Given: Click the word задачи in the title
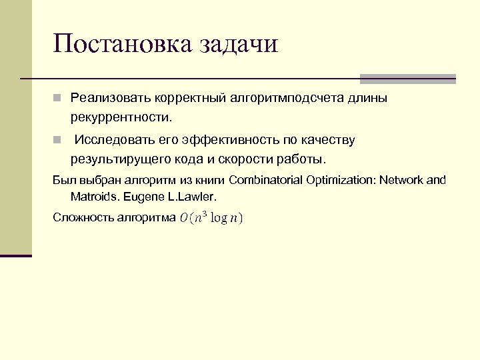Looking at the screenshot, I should point(237,45).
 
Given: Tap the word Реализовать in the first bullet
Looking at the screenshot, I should point(110,99).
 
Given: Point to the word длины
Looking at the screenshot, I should point(366,99).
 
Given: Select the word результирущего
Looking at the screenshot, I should point(117,160).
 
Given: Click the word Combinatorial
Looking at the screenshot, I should point(265,180).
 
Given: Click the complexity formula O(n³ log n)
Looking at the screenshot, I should point(211,218).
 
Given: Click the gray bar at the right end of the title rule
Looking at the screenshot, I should point(408,79).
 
